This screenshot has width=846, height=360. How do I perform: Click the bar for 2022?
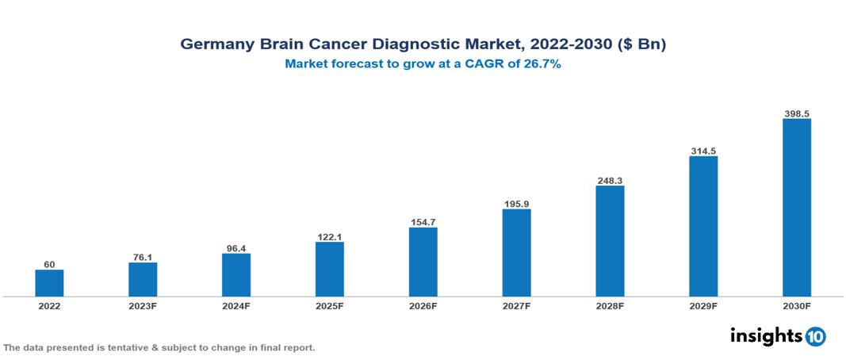pos(49,283)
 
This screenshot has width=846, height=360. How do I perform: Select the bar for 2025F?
pos(329,269)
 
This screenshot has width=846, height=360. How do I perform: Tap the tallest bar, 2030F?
pos(796,208)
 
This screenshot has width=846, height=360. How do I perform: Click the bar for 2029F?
pos(703,226)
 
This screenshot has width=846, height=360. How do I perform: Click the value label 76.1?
pos(143,256)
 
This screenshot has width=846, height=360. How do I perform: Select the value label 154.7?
pos(423,222)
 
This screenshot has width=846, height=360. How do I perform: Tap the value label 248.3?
pos(610,180)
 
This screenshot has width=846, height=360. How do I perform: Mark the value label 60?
pos(49,264)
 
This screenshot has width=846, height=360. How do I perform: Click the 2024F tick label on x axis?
pos(235,305)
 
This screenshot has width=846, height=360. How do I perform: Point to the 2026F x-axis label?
pos(423,305)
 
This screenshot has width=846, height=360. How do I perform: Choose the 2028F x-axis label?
pos(610,305)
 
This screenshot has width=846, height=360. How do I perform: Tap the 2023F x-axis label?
pos(143,305)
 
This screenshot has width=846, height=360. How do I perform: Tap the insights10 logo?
pos(777,336)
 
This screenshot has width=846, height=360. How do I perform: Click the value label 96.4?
pos(235,247)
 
